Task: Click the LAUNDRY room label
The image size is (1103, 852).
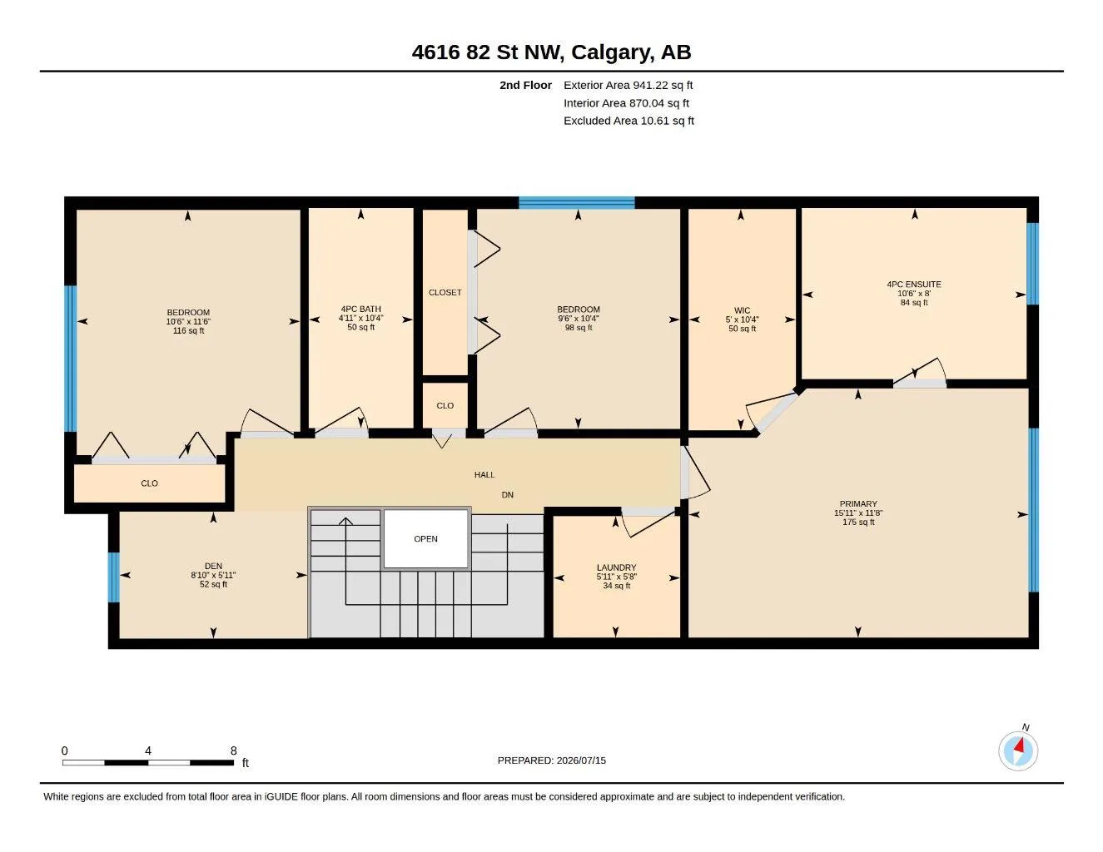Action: (616, 567)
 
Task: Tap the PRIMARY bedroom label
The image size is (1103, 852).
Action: (858, 503)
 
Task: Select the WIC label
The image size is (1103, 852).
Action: (742, 310)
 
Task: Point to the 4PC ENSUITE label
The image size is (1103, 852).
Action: (914, 285)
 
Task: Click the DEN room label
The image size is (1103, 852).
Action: (213, 566)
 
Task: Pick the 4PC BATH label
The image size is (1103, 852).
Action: (361, 309)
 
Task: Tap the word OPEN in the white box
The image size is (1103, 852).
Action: (425, 538)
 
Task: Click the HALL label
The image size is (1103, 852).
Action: (484, 475)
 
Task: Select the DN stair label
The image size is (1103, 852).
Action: (508, 494)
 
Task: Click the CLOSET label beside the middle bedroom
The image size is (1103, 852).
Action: (445, 293)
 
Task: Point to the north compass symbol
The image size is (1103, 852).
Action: (1018, 750)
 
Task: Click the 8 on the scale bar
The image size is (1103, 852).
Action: (233, 750)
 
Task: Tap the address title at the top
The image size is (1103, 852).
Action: (551, 52)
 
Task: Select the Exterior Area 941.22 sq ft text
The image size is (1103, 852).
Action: (628, 85)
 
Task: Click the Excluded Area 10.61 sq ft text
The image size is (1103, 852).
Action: (629, 121)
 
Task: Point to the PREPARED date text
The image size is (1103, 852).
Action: (552, 760)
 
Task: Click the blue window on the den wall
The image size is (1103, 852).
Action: (114, 577)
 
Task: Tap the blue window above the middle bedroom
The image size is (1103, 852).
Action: (577, 203)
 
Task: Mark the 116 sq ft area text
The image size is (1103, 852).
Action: (188, 330)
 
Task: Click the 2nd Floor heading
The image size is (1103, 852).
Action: (525, 85)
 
